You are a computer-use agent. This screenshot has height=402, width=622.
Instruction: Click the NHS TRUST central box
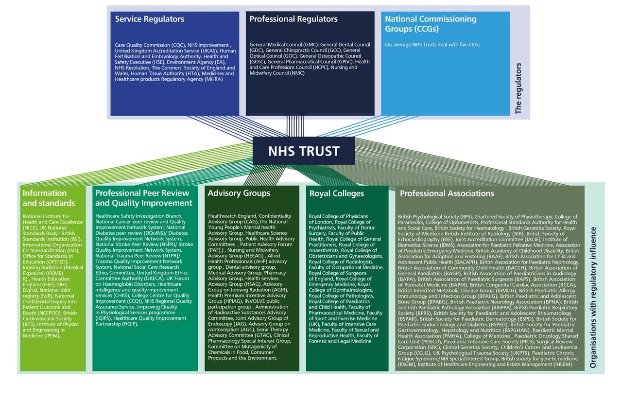coord(303,151)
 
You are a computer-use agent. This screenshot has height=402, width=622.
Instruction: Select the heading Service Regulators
coord(149,19)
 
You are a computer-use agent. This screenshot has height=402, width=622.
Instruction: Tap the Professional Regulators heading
coord(293,19)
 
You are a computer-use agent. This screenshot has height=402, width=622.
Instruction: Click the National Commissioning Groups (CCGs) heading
coord(430,24)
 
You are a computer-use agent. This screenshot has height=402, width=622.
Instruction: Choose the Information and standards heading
coord(49,198)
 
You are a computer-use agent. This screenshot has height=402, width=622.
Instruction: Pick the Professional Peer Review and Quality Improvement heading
coord(144,198)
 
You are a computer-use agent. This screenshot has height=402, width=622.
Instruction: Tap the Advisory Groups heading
coord(239,193)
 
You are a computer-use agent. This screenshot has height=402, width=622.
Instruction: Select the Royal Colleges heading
coord(336,193)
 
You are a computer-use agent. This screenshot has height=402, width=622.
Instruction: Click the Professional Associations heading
coord(447,193)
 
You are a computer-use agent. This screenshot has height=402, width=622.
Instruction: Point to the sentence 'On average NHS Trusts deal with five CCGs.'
coord(433,45)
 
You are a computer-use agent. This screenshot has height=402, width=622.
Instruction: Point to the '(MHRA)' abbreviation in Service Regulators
coord(214,79)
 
